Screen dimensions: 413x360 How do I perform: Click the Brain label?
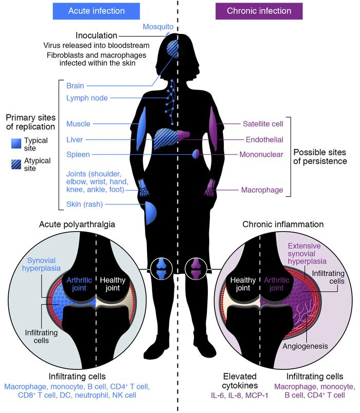pos(76,85)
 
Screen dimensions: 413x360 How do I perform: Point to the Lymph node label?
pos(87,98)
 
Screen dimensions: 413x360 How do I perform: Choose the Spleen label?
pos(78,154)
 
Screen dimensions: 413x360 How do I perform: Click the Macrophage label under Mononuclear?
pos(262,191)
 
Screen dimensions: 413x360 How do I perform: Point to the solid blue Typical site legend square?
pos(20,141)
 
